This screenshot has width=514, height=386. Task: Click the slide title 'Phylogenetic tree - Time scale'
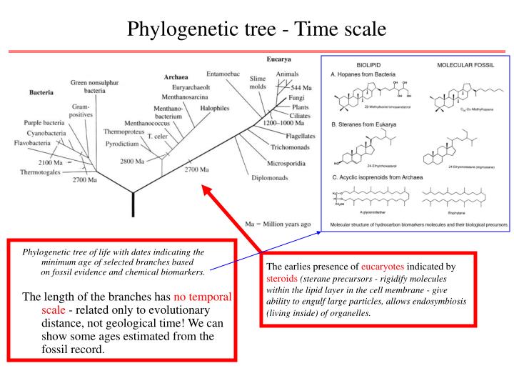pyautogui.click(x=256, y=29)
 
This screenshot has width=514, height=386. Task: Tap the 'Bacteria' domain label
pyautogui.click(x=43, y=92)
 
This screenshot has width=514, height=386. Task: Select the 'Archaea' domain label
pyautogui.click(x=176, y=76)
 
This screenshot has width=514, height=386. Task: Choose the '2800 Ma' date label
pyautogui.click(x=133, y=161)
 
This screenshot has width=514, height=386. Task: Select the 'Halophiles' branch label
pyautogui.click(x=214, y=108)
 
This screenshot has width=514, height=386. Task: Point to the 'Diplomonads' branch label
pyautogui.click(x=271, y=177)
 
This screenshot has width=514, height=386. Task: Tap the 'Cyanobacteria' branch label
pyautogui.click(x=46, y=133)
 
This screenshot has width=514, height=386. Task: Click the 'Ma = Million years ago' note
pyautogui.click(x=278, y=223)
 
